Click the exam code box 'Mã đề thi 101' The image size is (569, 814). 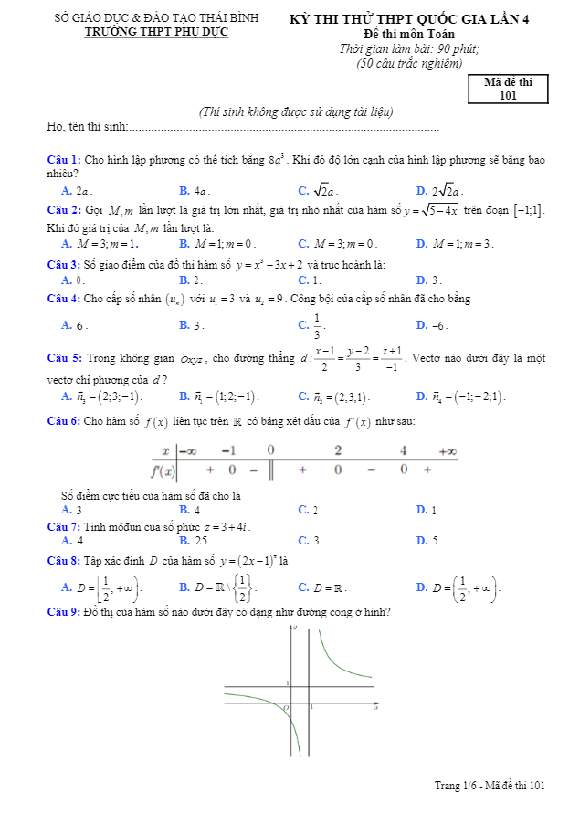510,88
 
